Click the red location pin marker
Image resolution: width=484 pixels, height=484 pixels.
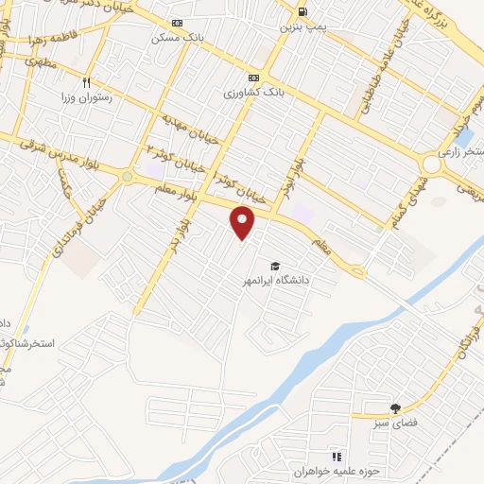click(x=244, y=223)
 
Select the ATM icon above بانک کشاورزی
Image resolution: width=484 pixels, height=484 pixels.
click(x=253, y=78)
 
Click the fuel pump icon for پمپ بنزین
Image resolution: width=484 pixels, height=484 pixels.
click(x=302, y=11)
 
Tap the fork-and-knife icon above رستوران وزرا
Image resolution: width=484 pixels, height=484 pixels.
click(x=88, y=82)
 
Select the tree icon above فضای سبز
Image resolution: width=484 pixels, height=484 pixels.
click(x=395, y=407)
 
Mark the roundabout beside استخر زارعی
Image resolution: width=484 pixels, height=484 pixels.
click(x=434, y=164)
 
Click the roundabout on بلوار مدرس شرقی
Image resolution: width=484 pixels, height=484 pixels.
click(x=127, y=176)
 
